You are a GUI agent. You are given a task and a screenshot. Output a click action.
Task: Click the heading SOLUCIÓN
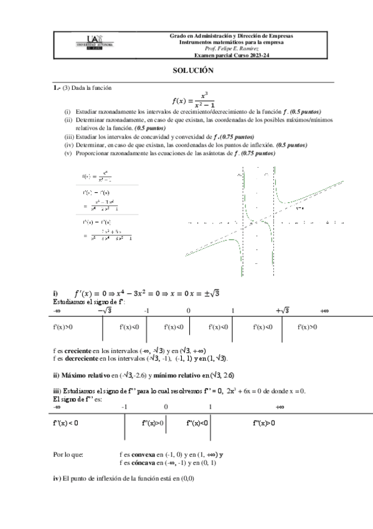tap(193, 71)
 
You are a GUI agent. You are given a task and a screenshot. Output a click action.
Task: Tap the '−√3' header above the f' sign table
tap(104, 310)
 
